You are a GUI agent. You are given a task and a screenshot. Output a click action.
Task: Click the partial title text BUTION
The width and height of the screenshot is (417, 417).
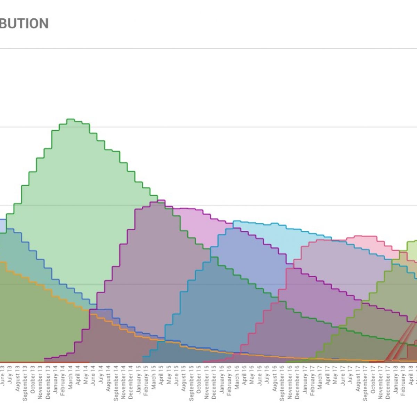24,24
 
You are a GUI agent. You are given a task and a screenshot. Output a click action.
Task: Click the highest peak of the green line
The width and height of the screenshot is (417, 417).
71,120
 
